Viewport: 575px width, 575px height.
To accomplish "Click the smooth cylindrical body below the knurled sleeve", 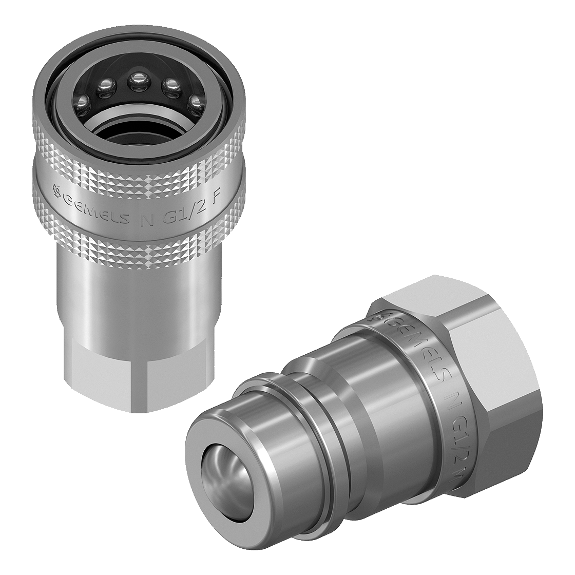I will tap(139, 303).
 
